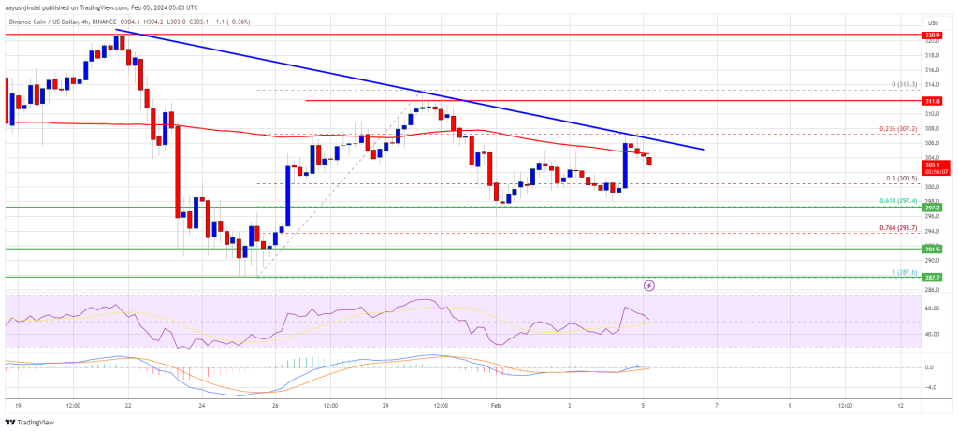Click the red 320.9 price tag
point(932,35)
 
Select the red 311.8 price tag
point(932,100)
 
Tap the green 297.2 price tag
point(932,207)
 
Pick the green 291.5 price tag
point(932,249)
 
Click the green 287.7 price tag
point(932,277)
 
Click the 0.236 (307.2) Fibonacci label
point(896,128)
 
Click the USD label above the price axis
point(932,22)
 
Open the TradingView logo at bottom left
point(32,420)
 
